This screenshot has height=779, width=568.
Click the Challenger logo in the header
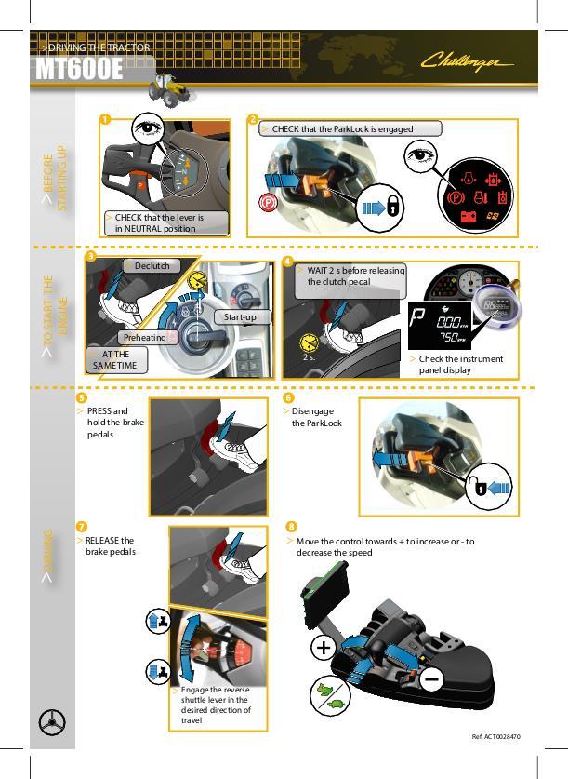coord(467,61)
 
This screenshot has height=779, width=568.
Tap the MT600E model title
coord(79,69)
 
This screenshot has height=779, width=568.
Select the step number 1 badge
coord(105,120)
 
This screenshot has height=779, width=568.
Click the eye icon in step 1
coord(147,128)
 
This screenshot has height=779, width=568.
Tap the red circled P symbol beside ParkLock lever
coord(268,203)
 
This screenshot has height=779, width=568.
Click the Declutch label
coord(152,266)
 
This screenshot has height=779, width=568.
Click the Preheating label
coord(144,337)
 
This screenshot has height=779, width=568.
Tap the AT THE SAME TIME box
coord(115,359)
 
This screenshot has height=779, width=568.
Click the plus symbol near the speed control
coord(324,648)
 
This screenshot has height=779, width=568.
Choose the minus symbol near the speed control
coord(431,678)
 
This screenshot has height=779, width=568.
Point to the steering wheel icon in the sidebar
coord(52,722)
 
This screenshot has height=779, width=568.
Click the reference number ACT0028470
coord(496,737)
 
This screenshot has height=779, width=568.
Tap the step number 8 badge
coord(291,527)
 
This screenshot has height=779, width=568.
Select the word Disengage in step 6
coord(312,411)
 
